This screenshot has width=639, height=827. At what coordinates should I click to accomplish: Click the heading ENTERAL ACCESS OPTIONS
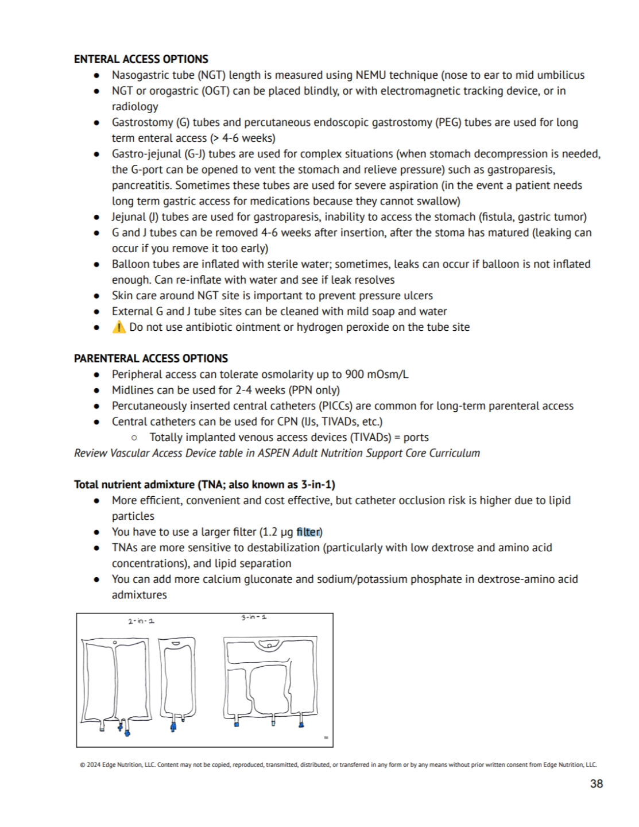pyautogui.click(x=141, y=59)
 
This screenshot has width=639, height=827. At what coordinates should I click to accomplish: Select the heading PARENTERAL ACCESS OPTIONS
pyautogui.click(x=150, y=358)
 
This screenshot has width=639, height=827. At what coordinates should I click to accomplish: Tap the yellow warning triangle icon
pyautogui.click(x=119, y=327)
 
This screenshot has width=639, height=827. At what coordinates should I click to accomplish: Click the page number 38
pyautogui.click(x=597, y=784)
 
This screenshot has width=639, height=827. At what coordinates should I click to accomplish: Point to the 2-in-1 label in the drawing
pyautogui.click(x=141, y=621)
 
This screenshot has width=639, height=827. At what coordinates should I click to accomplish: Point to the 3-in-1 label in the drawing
pyautogui.click(x=254, y=617)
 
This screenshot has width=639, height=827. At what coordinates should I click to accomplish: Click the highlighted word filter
pyautogui.click(x=308, y=532)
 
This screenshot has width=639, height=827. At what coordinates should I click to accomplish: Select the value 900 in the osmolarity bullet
pyautogui.click(x=354, y=374)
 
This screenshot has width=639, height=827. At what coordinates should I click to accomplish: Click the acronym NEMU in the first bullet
pyautogui.click(x=371, y=75)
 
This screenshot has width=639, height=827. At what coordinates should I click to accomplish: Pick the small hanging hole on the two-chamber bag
pyautogui.click(x=115, y=643)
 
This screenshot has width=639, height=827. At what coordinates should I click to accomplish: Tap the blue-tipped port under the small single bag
pyautogui.click(x=173, y=727)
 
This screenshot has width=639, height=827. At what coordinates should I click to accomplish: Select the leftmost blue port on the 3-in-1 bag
pyautogui.click(x=237, y=724)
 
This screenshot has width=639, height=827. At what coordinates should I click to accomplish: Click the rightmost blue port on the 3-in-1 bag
pyautogui.click(x=301, y=725)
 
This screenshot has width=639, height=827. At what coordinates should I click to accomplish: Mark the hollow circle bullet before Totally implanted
pyautogui.click(x=134, y=438)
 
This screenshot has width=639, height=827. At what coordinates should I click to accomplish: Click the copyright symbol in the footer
pyautogui.click(x=83, y=765)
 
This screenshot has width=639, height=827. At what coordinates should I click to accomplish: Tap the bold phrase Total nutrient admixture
pyautogui.click(x=135, y=485)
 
